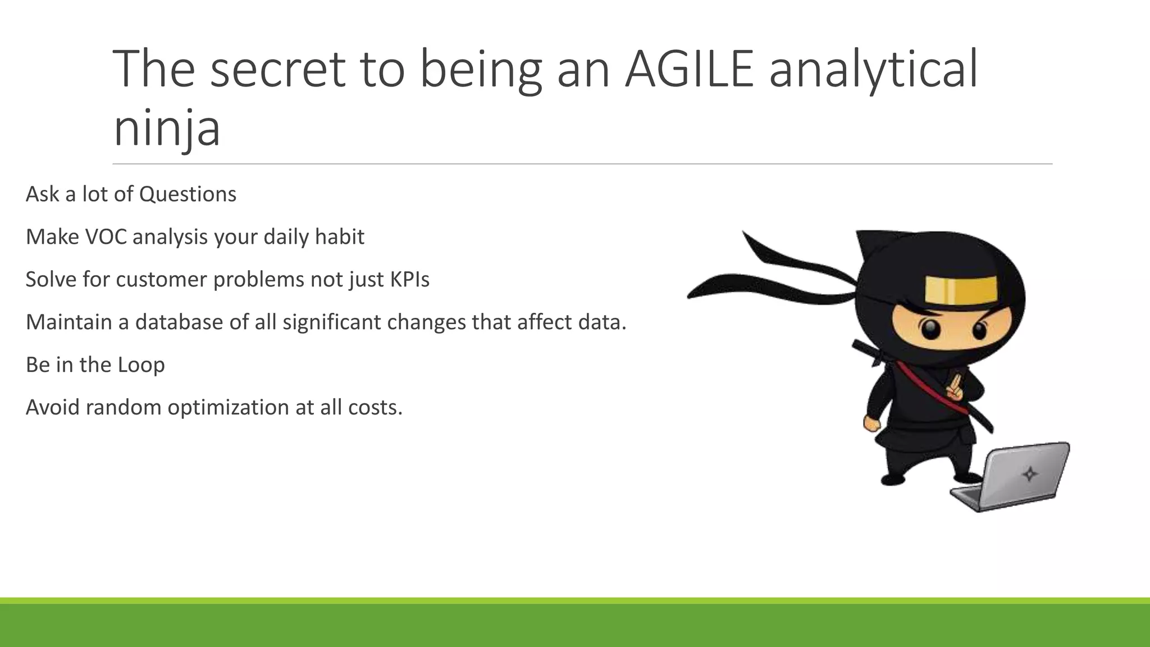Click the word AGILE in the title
[x=690, y=69]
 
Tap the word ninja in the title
[x=167, y=128]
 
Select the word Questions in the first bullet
[x=188, y=194]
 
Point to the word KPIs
[x=409, y=280]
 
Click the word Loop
[x=141, y=365]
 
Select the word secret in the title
[x=278, y=69]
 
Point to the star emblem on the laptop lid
[x=1029, y=475]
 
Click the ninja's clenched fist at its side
[x=871, y=423]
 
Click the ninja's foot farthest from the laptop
[x=892, y=479]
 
